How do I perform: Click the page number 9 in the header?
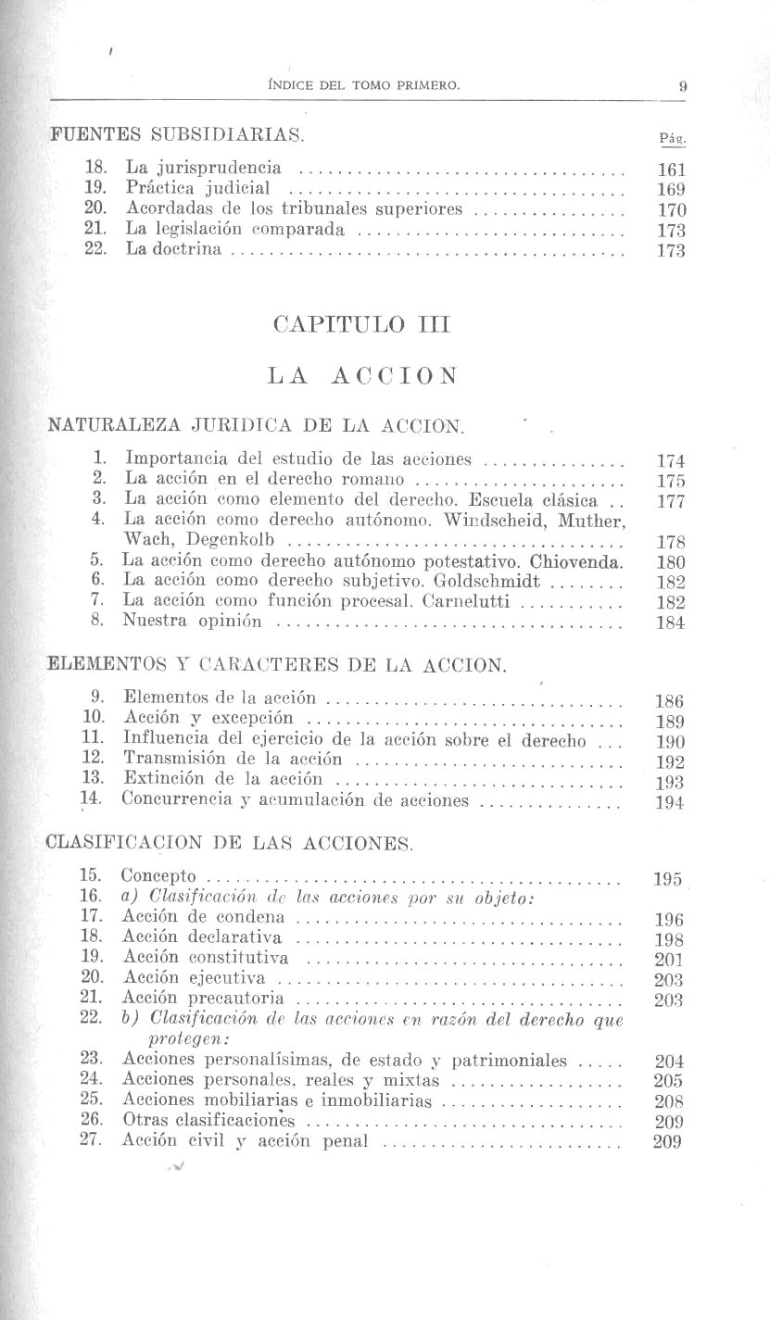(682, 86)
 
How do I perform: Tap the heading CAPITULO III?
(362, 325)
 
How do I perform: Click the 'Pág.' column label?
(671, 138)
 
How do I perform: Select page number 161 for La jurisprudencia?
(670, 170)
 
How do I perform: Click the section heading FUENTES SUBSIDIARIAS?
(176, 135)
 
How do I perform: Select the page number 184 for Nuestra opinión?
(670, 623)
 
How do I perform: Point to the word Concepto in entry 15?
(158, 876)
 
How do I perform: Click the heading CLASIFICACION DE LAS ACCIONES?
(230, 844)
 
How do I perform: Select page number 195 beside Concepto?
(667, 879)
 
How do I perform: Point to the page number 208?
(668, 1102)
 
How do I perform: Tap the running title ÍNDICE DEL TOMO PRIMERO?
(362, 86)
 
